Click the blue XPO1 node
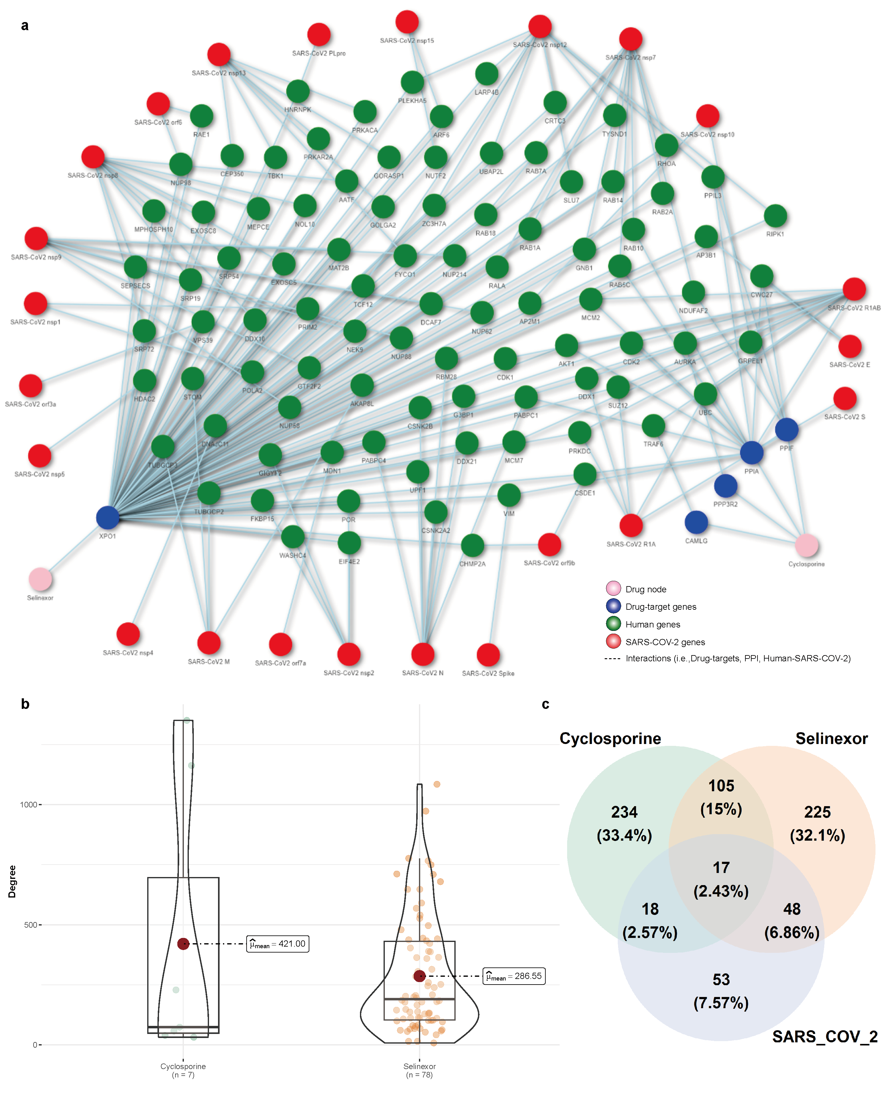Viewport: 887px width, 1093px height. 108,517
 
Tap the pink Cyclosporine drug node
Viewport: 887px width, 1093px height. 806,545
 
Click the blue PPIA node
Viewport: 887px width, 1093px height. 752,452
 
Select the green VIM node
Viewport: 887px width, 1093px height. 509,495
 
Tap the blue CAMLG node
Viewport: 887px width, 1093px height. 696,522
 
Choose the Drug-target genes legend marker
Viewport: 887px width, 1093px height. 613,606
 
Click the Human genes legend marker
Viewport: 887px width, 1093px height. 613,624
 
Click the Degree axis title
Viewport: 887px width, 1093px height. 12,881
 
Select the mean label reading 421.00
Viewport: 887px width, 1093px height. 278,944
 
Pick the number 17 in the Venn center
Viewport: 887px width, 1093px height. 721,868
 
